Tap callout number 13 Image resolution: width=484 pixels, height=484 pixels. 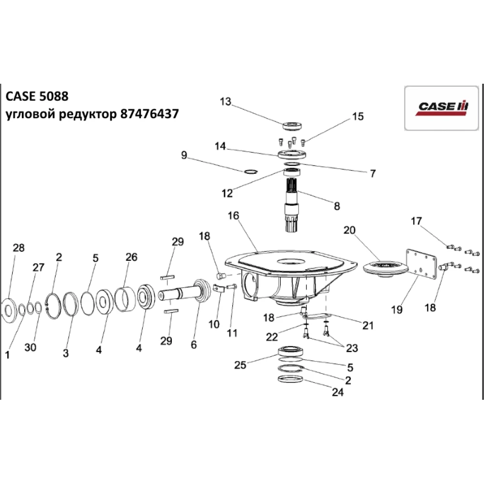coord(226,102)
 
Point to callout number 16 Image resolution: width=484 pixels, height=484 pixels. coord(233,215)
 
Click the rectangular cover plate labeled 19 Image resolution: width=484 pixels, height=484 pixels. coord(420,263)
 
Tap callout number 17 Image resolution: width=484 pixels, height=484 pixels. coord(416,222)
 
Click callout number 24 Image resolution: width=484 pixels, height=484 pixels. coord(337,393)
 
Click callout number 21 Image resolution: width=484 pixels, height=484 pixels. coord(368,326)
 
